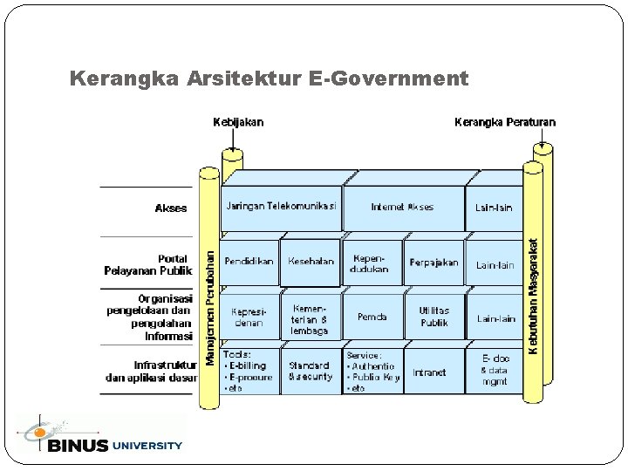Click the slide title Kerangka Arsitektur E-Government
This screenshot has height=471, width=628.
(269, 79)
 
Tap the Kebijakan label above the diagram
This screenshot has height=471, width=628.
(238, 122)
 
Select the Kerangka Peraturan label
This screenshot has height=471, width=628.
(505, 122)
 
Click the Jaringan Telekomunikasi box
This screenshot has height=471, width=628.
(281, 207)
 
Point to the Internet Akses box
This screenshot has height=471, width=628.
(402, 207)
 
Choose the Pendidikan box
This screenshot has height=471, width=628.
(249, 261)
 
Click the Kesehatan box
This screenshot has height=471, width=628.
(311, 261)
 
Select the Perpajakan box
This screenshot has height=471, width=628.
(434, 263)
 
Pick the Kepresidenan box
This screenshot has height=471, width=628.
(249, 317)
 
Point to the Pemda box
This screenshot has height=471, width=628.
(372, 317)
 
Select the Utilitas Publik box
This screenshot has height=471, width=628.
(434, 317)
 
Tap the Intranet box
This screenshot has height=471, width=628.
(429, 372)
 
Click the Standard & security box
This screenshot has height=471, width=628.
(310, 372)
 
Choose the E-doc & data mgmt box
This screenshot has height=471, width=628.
(495, 370)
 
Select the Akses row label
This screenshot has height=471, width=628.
(171, 208)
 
